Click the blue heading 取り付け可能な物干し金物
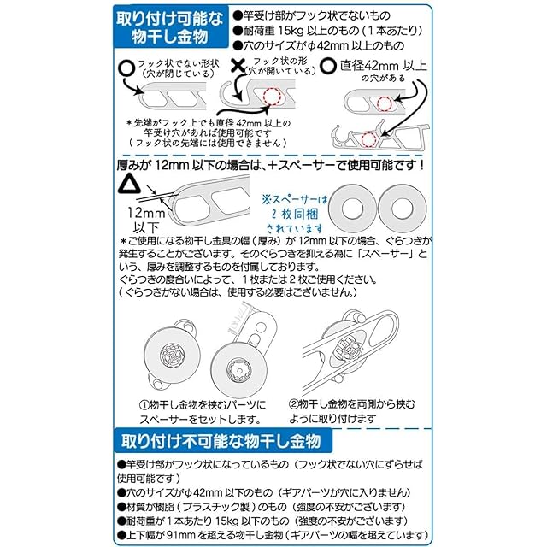(171, 27)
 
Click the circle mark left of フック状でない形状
(126, 66)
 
